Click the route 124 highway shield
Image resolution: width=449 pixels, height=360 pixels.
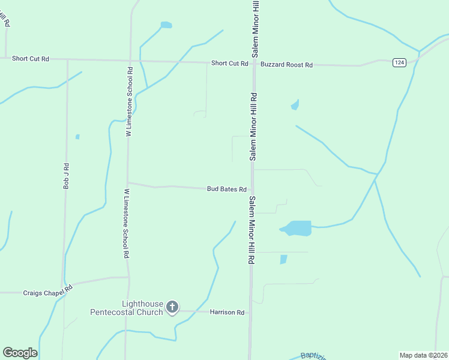click(399, 62)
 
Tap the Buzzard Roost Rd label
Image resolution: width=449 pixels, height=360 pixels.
click(286, 64)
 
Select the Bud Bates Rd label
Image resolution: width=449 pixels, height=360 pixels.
click(227, 189)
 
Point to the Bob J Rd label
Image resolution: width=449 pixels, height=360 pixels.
click(67, 176)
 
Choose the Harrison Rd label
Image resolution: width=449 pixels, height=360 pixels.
click(228, 312)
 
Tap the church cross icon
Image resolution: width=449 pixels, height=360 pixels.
click(172, 308)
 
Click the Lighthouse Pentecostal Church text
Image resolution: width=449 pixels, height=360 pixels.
click(126, 308)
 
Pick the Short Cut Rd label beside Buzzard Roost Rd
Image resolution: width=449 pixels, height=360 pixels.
click(229, 64)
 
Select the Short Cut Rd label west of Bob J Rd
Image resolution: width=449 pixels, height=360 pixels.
click(30, 59)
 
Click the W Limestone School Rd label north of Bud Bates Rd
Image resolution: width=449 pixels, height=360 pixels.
click(129, 102)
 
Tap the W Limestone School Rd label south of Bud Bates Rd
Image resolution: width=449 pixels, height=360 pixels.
click(127, 224)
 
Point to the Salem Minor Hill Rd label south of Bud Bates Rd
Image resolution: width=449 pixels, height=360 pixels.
click(253, 231)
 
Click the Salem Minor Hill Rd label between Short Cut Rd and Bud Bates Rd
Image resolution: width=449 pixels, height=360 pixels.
click(254, 126)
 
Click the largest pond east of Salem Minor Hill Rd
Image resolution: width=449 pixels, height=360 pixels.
click(298, 228)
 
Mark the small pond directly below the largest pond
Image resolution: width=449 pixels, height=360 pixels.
click(283, 259)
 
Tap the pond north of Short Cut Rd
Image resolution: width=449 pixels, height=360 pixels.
click(166, 25)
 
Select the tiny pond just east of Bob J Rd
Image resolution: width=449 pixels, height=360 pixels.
click(77, 137)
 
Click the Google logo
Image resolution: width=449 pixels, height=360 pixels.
click(20, 353)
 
